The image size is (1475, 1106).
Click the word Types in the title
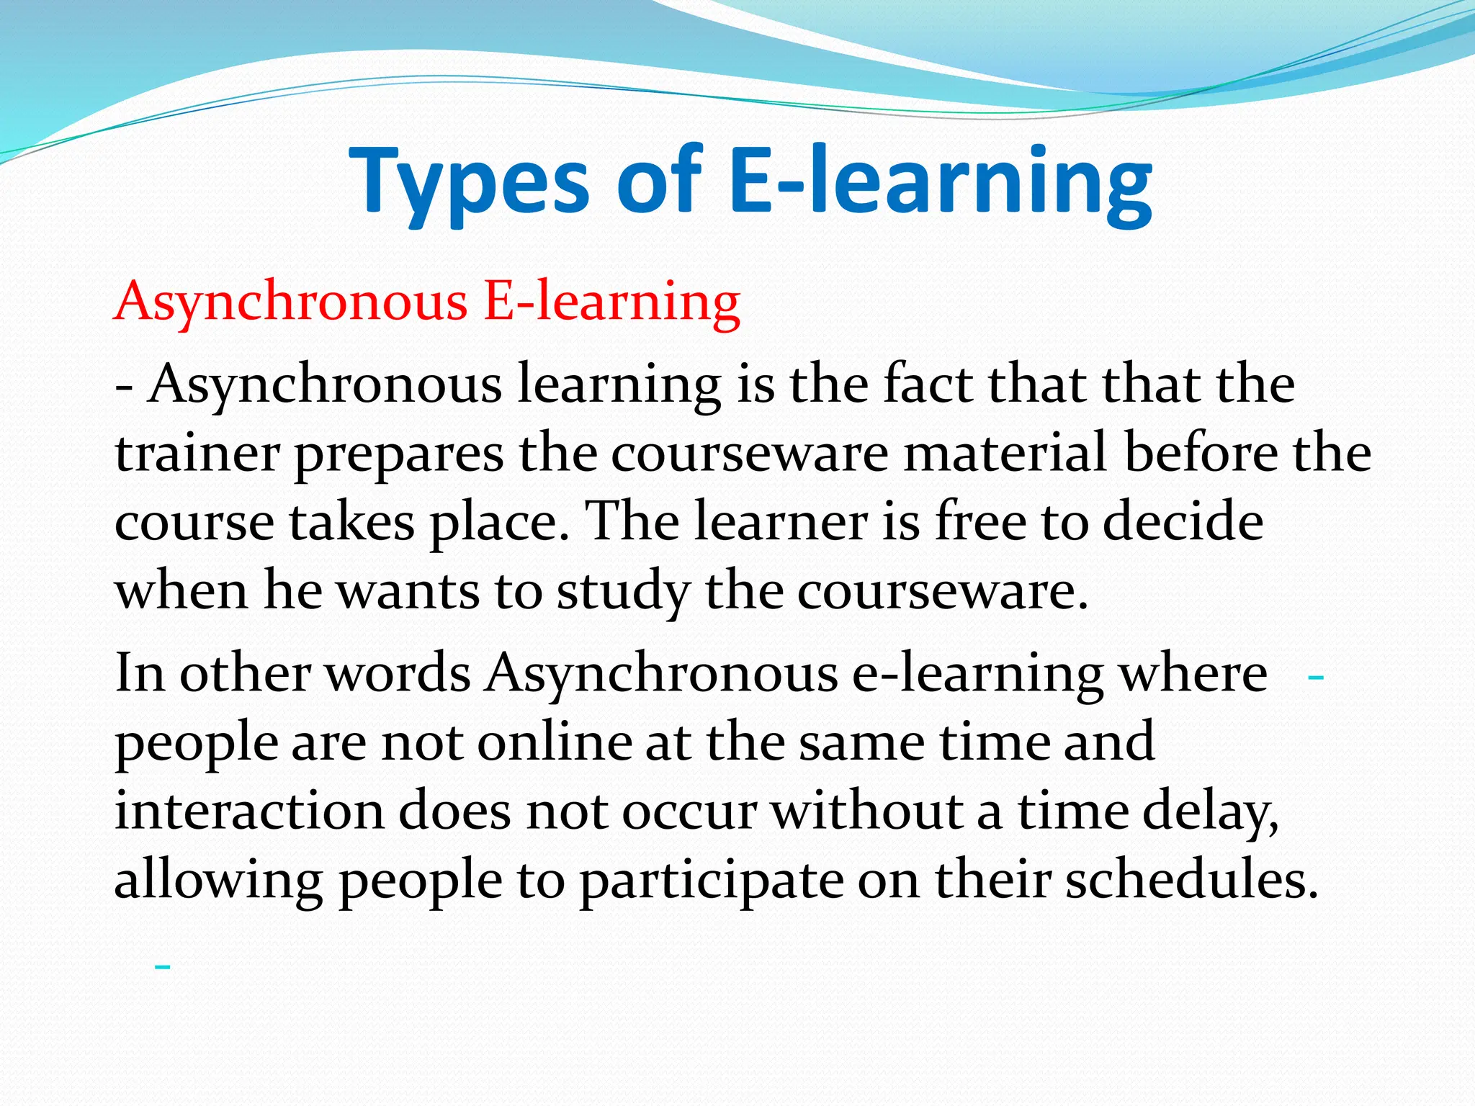point(470,181)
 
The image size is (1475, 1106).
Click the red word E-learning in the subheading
point(612,301)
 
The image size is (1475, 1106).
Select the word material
point(1005,454)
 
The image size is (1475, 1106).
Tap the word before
point(1201,454)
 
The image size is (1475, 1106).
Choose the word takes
point(352,521)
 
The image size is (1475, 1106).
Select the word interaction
point(249,811)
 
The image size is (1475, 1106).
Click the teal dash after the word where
point(1315,678)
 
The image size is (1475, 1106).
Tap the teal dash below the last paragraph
point(163,967)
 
